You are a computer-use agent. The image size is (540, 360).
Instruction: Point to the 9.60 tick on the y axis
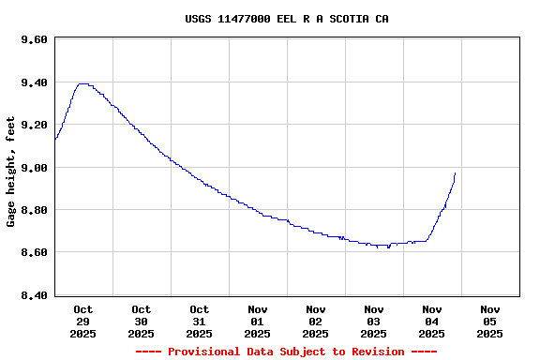click(34, 39)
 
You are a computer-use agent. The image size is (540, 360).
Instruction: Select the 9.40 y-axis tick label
click(34, 82)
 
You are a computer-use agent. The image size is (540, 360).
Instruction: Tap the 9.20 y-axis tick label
click(34, 125)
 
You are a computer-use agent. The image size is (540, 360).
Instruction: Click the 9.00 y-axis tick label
click(34, 168)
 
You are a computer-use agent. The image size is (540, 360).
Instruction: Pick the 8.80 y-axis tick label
click(34, 210)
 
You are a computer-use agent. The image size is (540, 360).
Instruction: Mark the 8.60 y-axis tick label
click(34, 252)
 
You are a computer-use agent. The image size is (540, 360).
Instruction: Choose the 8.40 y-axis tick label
click(34, 295)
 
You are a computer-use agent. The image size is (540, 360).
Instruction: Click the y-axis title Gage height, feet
click(11, 172)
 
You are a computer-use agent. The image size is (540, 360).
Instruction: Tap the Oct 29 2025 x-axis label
click(82, 321)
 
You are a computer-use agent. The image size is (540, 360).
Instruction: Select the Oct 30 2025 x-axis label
click(141, 321)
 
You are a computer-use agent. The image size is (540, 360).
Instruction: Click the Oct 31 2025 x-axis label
click(199, 321)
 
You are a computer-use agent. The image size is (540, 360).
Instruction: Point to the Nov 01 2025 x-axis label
click(257, 321)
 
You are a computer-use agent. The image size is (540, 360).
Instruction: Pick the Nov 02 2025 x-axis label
click(315, 321)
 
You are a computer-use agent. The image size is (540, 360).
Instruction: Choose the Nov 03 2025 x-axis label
click(373, 321)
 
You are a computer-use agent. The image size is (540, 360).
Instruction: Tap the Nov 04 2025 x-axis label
click(431, 321)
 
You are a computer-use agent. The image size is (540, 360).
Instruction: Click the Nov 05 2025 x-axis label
click(489, 321)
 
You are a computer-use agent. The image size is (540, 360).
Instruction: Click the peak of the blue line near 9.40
click(82, 83)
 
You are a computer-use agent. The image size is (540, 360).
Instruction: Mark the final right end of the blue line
click(455, 172)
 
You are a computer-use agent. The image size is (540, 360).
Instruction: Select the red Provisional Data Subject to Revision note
click(287, 352)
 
